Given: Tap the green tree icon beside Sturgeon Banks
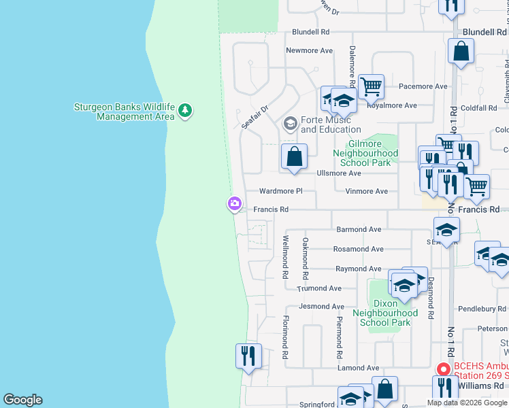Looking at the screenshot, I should (186, 111).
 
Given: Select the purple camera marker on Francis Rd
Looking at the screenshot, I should (234, 203).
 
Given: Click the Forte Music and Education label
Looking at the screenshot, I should (331, 124).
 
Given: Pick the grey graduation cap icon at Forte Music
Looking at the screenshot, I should (290, 124).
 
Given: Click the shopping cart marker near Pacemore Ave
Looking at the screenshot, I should (371, 87).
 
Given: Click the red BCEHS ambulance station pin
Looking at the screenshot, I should (443, 369).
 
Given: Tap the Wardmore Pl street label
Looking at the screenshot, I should (280, 191).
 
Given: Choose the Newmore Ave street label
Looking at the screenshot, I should (309, 50).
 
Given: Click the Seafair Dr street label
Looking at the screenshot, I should (255, 116).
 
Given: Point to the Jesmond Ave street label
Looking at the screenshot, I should (321, 307).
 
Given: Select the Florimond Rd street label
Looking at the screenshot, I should (285, 337).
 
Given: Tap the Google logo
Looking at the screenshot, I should (22, 400).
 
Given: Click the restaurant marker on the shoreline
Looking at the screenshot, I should (248, 356).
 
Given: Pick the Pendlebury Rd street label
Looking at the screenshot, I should (482, 309).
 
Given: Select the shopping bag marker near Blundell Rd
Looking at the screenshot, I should (461, 51).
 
